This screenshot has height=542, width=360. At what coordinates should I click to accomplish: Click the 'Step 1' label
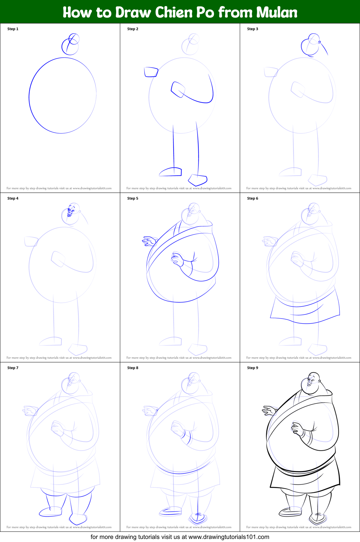13,29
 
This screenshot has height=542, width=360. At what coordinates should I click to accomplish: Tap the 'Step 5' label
133,198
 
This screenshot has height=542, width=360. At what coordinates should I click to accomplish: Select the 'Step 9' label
253,368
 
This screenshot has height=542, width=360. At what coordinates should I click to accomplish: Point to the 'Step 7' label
13,368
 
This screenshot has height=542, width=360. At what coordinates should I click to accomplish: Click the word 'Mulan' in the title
277,13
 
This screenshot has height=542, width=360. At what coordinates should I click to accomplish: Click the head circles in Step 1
71,44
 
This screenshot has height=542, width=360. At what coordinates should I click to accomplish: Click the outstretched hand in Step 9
269,410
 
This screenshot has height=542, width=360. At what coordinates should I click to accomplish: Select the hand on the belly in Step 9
297,429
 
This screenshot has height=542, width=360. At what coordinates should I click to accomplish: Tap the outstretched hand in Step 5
149,241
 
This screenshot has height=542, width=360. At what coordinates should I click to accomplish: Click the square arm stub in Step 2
151,72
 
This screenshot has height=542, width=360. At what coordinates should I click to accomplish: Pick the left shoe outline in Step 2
170,172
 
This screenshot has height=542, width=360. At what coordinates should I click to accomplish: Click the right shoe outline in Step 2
198,180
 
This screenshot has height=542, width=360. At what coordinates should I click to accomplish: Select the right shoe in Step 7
78,519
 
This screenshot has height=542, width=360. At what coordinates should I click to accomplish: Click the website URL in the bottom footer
229,537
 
